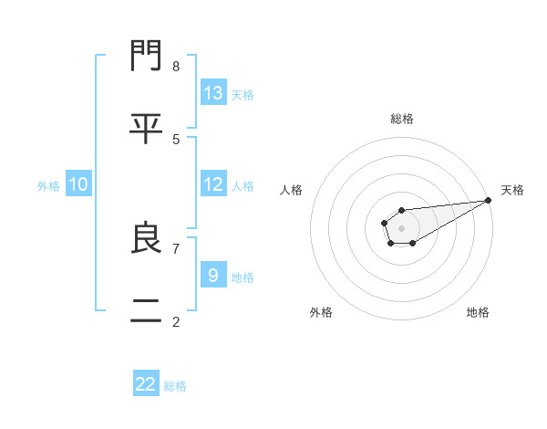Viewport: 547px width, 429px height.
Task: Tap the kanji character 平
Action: tap(147, 128)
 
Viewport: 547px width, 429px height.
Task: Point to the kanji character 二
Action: tap(147, 310)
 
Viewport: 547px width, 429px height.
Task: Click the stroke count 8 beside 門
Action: tap(176, 66)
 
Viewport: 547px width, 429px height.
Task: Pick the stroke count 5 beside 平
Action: tap(176, 139)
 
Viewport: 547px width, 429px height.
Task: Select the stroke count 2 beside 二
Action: tap(176, 321)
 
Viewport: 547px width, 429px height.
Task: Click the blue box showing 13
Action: tap(213, 93)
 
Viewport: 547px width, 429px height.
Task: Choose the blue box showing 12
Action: tap(213, 184)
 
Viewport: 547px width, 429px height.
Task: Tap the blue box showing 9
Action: tap(213, 276)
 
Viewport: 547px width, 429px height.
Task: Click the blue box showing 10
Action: tap(78, 185)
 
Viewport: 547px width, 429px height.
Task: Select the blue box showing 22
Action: tap(146, 384)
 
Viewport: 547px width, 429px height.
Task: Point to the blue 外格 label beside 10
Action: tap(48, 186)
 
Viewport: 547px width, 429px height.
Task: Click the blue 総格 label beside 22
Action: tap(175, 386)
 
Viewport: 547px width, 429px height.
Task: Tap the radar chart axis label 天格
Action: tap(512, 190)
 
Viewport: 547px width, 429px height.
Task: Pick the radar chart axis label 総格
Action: tap(402, 119)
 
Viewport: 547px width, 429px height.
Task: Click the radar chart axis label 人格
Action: tap(292, 190)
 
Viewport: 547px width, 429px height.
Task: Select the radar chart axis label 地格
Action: tap(478, 312)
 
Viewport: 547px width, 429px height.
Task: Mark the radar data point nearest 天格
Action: tap(488, 200)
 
